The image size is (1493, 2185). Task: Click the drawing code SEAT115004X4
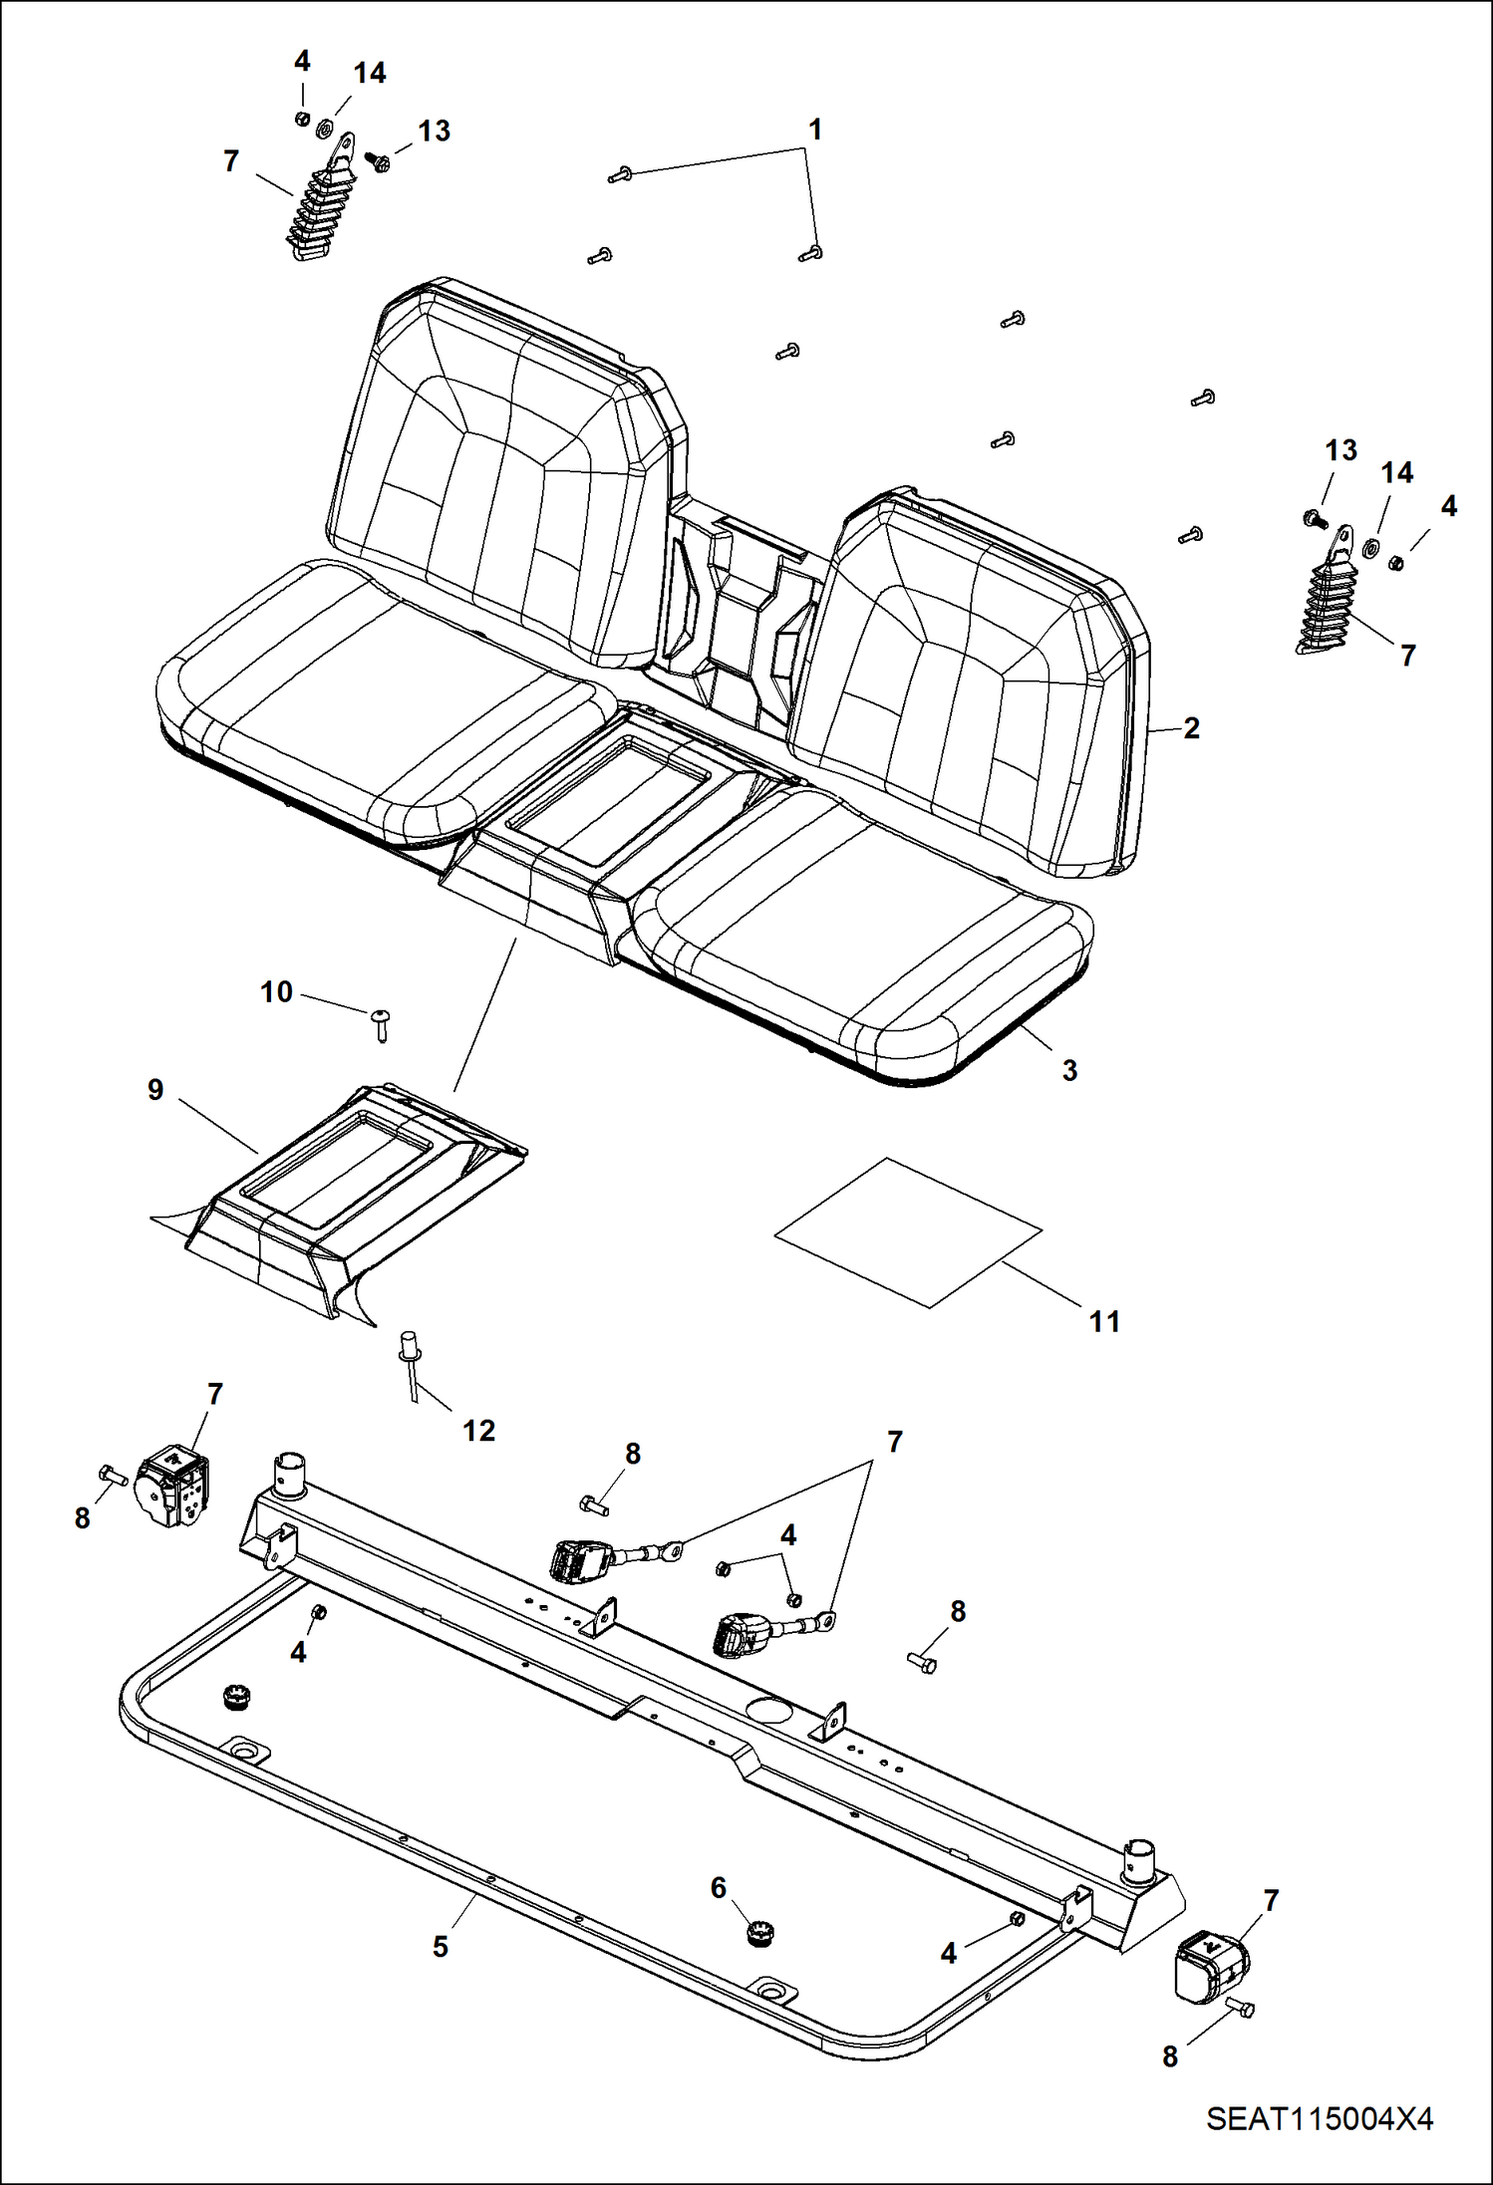(1320, 2118)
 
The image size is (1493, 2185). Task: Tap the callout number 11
(1104, 1322)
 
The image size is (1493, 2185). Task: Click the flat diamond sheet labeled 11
(908, 1232)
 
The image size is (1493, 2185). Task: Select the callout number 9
(155, 1090)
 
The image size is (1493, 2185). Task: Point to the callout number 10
(276, 992)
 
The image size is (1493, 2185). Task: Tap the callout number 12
(478, 1431)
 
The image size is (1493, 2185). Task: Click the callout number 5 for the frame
(441, 1947)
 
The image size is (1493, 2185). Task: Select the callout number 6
(719, 1888)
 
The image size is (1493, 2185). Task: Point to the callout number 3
(1069, 1070)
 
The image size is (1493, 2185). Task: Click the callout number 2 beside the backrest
(1191, 728)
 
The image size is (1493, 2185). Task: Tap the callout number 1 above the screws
(815, 130)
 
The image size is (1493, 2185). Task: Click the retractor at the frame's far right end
(1212, 1967)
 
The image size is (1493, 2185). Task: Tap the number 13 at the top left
(434, 131)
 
